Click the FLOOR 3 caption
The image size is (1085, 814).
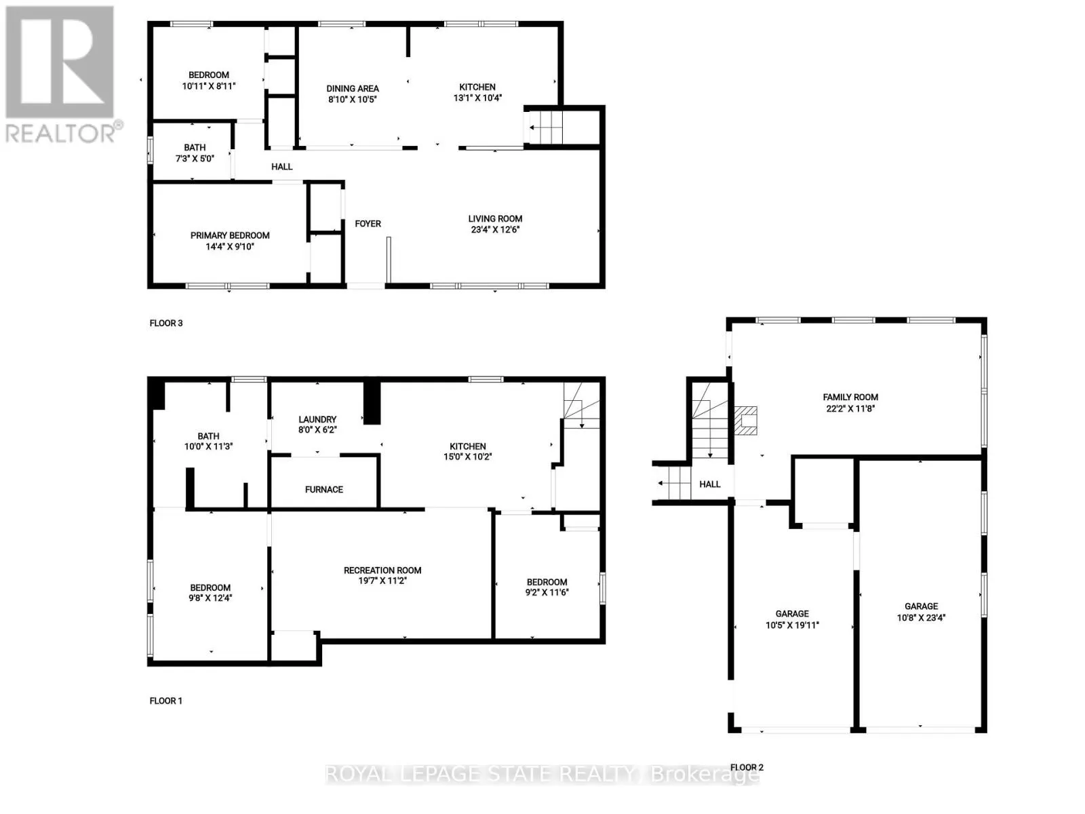[x=166, y=323]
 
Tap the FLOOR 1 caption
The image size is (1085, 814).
[x=166, y=701]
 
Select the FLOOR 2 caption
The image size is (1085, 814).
[x=747, y=767]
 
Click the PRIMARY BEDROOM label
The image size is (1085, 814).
[x=230, y=235]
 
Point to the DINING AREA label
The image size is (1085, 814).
[x=353, y=88]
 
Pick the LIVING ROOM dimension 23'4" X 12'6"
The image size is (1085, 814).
[x=495, y=229]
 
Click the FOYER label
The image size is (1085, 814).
[x=368, y=223]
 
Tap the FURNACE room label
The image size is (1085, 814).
[x=324, y=489]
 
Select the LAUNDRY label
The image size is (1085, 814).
[x=317, y=419]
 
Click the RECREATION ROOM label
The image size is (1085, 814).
[x=382, y=570]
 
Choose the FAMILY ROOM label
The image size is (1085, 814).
[x=850, y=397]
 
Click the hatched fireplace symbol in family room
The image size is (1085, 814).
[x=746, y=421]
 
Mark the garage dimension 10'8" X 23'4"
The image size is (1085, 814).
[x=921, y=617]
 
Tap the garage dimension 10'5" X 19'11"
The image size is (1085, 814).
[x=792, y=625]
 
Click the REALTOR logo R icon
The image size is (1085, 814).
[x=60, y=62]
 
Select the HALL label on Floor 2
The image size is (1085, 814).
[x=710, y=484]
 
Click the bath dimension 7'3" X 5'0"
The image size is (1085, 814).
[x=195, y=158]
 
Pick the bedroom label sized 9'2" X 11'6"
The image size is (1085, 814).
[x=547, y=582]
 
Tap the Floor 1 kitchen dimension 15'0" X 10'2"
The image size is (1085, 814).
[x=468, y=457]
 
